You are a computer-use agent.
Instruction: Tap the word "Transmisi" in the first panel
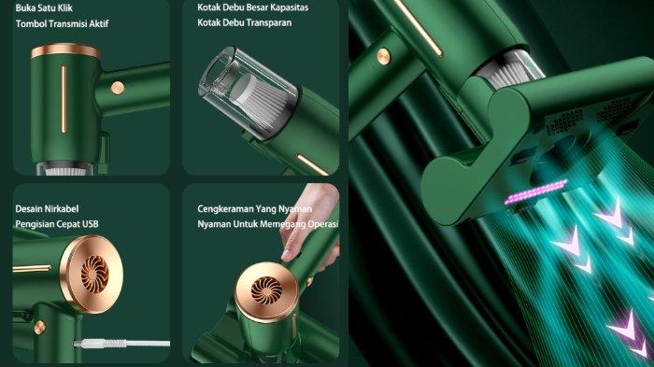(x=65, y=23)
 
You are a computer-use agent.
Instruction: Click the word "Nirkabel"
(x=63, y=208)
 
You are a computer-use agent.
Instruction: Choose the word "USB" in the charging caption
(x=90, y=224)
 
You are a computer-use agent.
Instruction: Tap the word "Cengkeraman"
(x=225, y=208)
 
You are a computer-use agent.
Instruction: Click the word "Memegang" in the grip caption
(x=285, y=224)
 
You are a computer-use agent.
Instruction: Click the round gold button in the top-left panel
(x=118, y=88)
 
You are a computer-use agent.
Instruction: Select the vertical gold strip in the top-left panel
(x=64, y=99)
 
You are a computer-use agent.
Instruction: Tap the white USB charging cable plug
(x=99, y=344)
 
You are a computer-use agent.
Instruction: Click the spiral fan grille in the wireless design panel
(x=95, y=275)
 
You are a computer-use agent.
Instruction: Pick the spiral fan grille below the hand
(x=267, y=290)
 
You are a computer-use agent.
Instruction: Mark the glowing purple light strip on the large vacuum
(x=535, y=191)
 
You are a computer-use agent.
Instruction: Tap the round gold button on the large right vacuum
(x=383, y=56)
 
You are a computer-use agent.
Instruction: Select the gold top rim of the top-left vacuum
(x=65, y=50)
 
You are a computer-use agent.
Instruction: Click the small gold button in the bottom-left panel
(x=39, y=328)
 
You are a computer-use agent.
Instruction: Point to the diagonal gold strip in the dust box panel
(x=312, y=164)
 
